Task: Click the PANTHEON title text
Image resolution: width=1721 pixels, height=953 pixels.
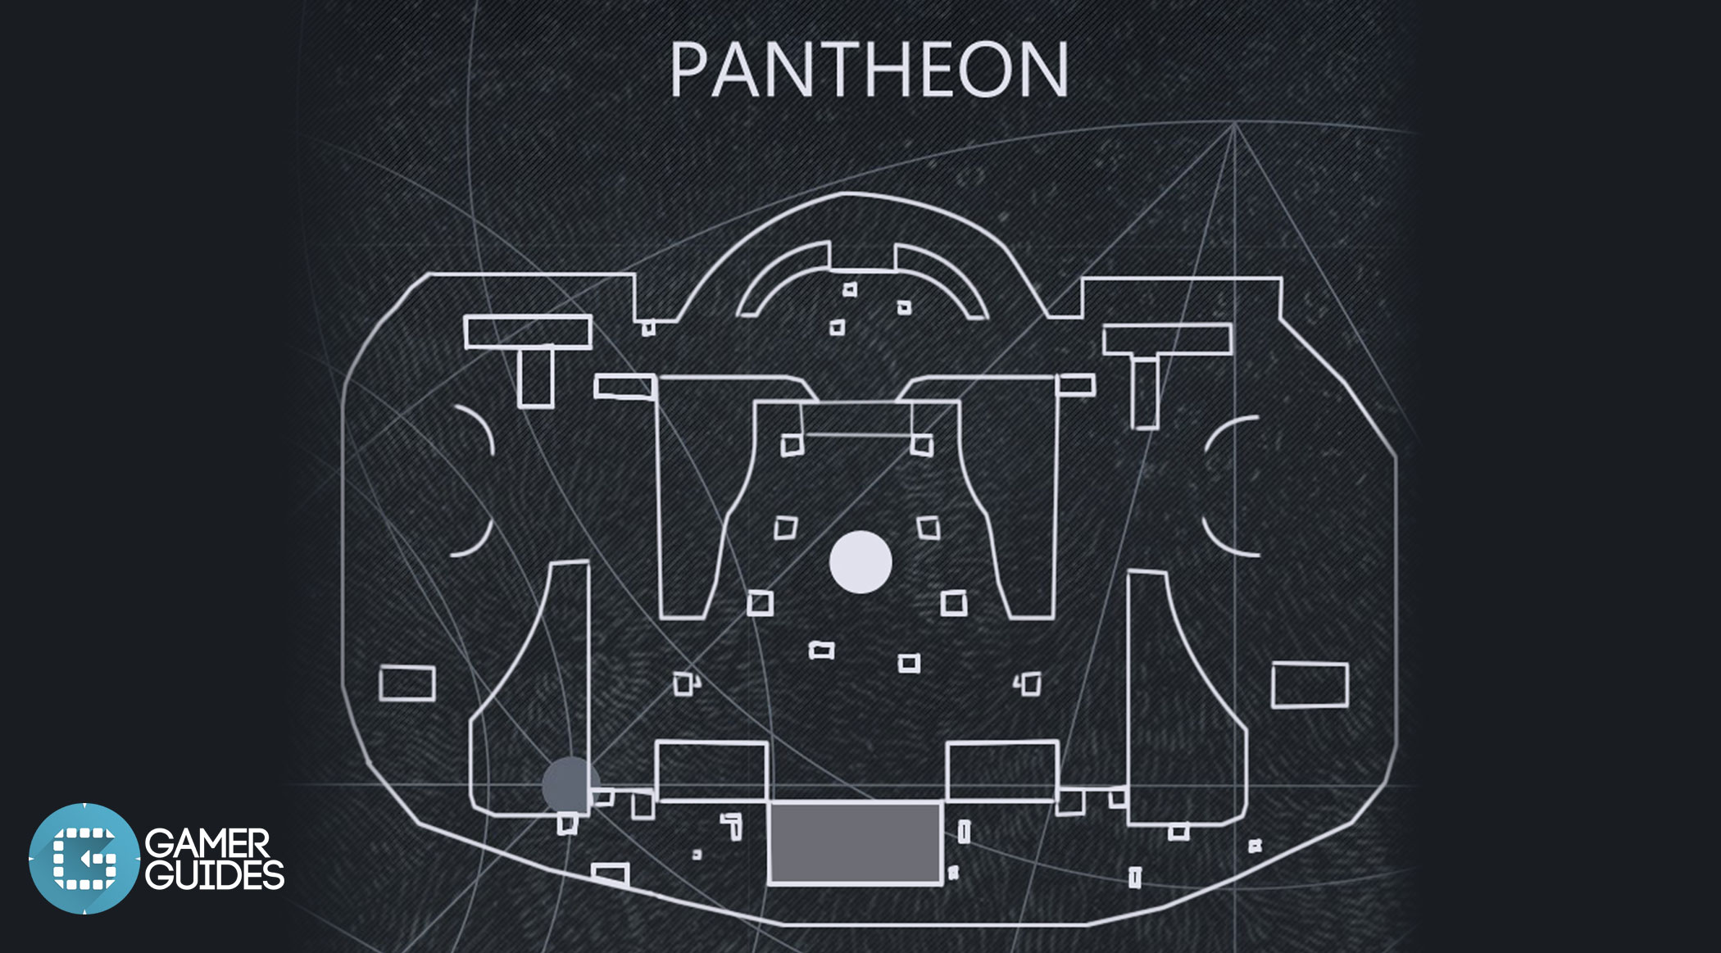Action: pyautogui.click(x=870, y=70)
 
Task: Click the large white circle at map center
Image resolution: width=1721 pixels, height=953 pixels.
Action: pyautogui.click(x=860, y=562)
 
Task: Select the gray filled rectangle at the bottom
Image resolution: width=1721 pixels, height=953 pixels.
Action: pyautogui.click(x=855, y=843)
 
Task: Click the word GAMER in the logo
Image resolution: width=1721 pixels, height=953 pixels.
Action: pyautogui.click(x=207, y=844)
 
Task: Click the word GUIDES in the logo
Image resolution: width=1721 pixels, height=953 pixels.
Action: pyautogui.click(x=215, y=875)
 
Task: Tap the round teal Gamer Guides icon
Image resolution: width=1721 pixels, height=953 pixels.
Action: pyautogui.click(x=84, y=859)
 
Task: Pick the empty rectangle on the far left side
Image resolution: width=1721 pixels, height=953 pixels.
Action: pyautogui.click(x=407, y=683)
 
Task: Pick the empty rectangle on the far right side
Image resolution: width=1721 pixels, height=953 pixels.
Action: pyautogui.click(x=1310, y=685)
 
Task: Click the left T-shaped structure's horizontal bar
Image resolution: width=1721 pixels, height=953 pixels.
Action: pyautogui.click(x=528, y=332)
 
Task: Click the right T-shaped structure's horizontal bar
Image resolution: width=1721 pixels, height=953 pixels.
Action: pyautogui.click(x=1167, y=340)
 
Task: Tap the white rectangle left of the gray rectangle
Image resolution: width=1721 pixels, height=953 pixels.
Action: pyautogui.click(x=711, y=771)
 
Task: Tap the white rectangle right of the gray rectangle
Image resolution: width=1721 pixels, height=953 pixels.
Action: pyautogui.click(x=1002, y=771)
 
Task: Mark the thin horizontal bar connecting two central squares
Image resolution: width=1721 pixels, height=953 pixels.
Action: pyautogui.click(x=857, y=434)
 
